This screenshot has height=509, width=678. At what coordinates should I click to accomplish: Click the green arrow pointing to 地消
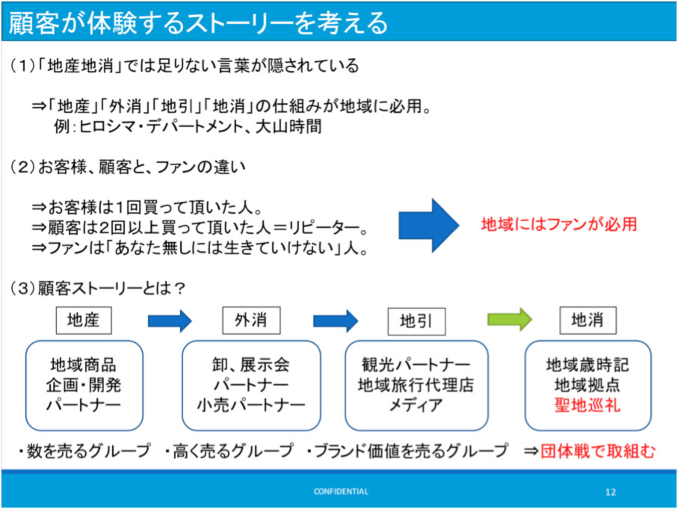coord(509,320)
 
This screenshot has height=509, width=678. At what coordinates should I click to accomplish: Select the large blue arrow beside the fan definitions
coord(428,225)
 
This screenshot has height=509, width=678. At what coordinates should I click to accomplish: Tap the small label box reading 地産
coord(84,321)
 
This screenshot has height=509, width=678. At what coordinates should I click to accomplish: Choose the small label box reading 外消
coord(251,321)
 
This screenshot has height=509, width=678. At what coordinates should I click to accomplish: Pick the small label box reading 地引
coord(416,321)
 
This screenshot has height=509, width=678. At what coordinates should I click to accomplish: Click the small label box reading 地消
coord(588,321)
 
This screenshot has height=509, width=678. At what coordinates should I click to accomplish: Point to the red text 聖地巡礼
coord(588,405)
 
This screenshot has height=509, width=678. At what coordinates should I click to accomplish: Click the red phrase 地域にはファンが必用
coord(559,224)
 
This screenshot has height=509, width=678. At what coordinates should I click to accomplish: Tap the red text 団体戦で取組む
coord(598,451)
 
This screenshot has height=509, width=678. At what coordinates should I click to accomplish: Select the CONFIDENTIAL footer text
coord(341,491)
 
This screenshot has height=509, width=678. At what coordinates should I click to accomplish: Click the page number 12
coord(610,492)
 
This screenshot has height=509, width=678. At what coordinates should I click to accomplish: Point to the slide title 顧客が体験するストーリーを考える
coord(199,22)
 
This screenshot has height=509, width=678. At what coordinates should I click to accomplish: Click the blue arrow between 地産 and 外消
coord(170,321)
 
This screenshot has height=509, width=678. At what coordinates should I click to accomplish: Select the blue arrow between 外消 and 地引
coord(336,321)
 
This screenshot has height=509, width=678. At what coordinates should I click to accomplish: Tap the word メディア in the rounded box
coord(416,405)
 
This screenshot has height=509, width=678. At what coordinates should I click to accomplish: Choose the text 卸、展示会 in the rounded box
coord(250,365)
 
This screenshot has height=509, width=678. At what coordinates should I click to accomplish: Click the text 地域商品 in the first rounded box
coord(84,365)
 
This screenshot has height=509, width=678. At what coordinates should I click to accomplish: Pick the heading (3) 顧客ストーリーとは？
coord(98,288)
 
